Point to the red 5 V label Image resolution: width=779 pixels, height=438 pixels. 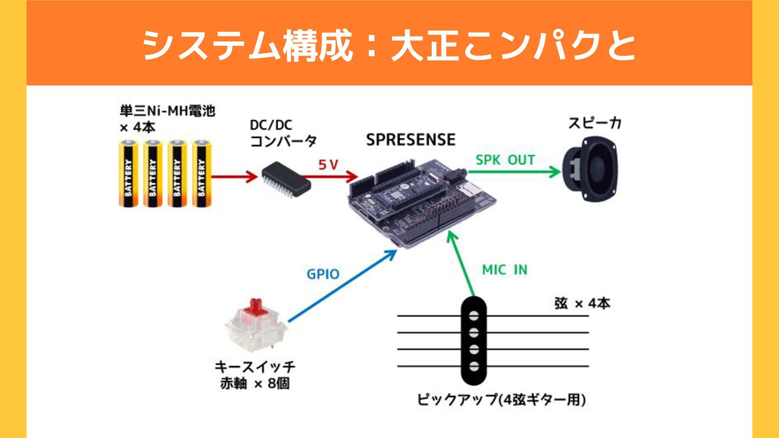(x=328, y=165)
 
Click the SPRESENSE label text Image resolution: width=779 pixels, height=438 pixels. (x=411, y=140)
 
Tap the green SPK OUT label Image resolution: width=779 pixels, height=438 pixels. (x=505, y=160)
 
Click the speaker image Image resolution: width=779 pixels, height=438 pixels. (x=591, y=170)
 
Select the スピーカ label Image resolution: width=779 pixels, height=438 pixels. (x=594, y=122)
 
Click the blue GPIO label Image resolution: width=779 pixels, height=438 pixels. (x=323, y=274)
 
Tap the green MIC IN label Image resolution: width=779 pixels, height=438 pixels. (x=504, y=270)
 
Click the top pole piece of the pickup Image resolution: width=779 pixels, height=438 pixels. (x=473, y=316)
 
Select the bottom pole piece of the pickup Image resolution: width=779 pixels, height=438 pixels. (x=473, y=366)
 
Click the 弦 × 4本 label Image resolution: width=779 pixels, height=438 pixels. (x=582, y=303)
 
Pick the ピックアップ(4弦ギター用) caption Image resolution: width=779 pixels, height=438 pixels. (x=501, y=400)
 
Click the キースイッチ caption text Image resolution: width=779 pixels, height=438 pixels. (x=255, y=367)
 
